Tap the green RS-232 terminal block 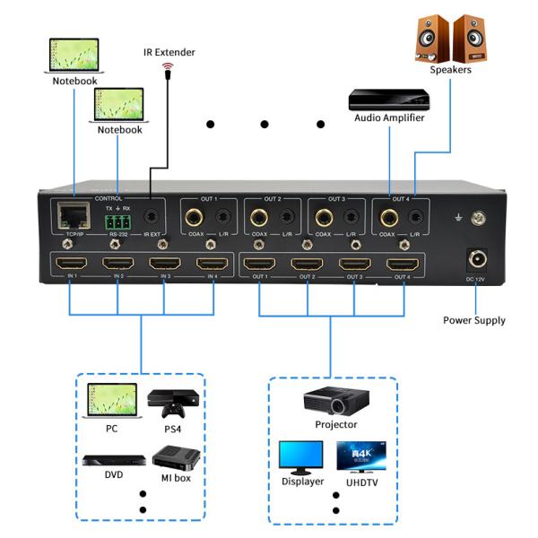pyautogui.click(x=117, y=219)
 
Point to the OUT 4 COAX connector pyautogui.click(x=388, y=216)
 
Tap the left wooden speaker pyautogui.click(x=434, y=37)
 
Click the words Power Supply pyautogui.click(x=473, y=320)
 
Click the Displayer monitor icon pyautogui.click(x=300, y=458)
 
